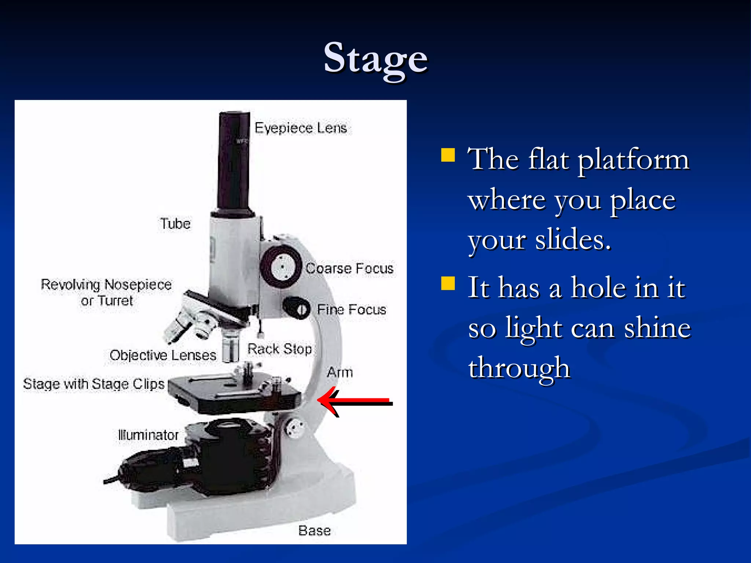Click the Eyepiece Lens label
301,128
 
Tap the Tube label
175,224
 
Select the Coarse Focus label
349,268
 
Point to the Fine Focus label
351,310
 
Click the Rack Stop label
279,349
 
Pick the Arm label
340,372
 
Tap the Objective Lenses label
163,355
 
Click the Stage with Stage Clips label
94,384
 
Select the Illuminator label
148,435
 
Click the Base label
314,530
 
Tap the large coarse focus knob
282,267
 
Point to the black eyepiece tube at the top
234,161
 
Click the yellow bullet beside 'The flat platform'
448,155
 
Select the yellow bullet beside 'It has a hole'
448,283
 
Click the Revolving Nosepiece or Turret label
106,292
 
